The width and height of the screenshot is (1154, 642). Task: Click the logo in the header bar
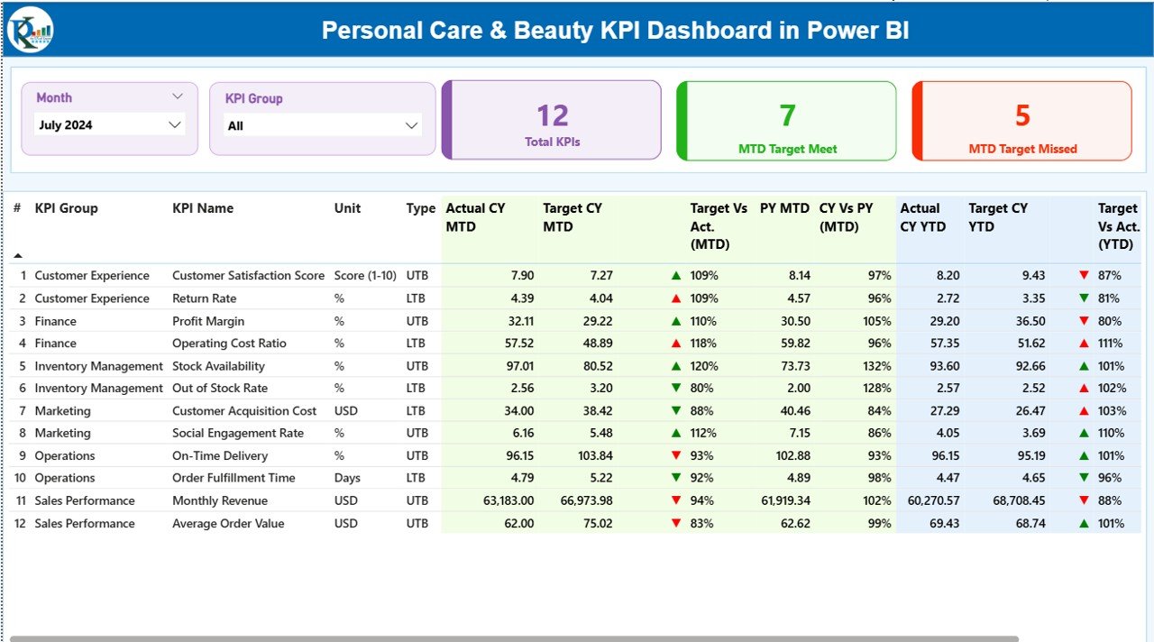tap(31, 31)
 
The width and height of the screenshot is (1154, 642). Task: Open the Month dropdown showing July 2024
tap(109, 125)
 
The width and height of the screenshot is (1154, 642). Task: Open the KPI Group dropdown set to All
tap(323, 126)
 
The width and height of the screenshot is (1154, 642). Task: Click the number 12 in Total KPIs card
tap(553, 115)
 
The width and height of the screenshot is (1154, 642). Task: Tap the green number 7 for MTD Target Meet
tap(787, 115)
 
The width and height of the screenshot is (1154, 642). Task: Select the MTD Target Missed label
tap(1022, 149)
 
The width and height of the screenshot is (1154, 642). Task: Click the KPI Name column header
tap(203, 208)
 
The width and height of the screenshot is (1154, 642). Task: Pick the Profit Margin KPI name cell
tap(208, 321)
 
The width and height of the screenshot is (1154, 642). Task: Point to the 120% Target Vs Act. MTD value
tap(704, 366)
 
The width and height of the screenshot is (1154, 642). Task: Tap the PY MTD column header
tap(784, 208)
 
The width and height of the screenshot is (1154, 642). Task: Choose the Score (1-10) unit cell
tap(365, 276)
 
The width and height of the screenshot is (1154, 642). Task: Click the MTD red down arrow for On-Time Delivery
tap(676, 456)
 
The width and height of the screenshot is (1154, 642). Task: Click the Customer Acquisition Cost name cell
tap(244, 411)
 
